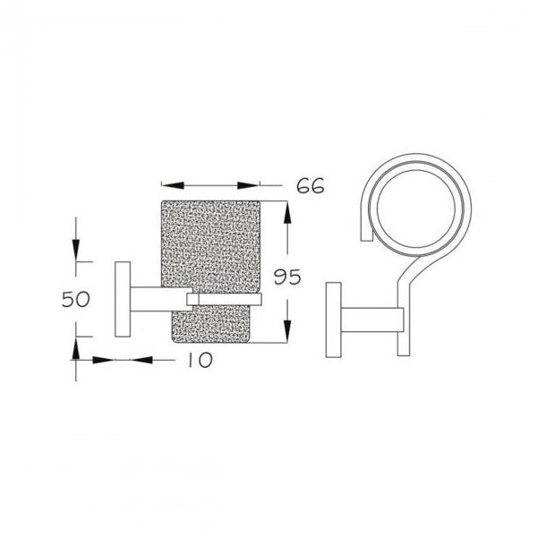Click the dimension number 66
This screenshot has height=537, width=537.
point(311,187)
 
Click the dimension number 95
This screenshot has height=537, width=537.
point(287,277)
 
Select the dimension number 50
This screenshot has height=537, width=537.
point(76,299)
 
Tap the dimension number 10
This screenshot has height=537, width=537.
point(200,360)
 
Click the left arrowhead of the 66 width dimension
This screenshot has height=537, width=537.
point(173,185)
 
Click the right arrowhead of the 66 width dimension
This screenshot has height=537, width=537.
point(249,185)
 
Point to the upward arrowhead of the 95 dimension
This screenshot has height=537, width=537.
point(287,213)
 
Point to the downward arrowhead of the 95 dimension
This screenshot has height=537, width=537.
point(287,331)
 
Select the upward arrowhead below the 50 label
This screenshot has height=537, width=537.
point(76,348)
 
